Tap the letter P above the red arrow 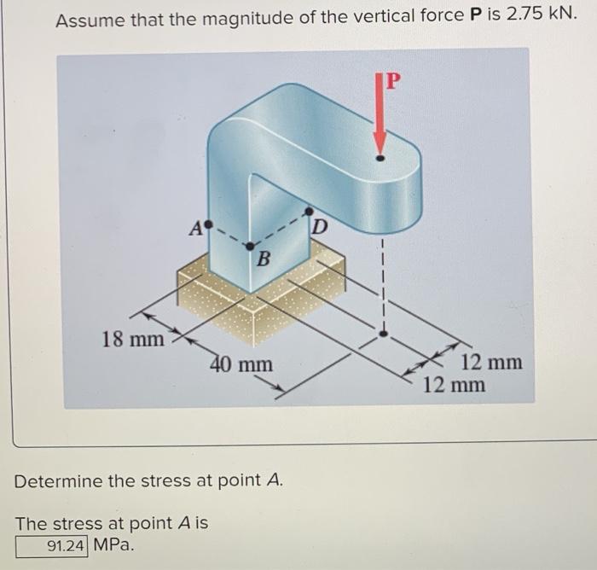pyautogui.click(x=391, y=82)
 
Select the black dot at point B pyautogui.click(x=249, y=247)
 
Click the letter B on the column pyautogui.click(x=264, y=259)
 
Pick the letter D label pyautogui.click(x=319, y=226)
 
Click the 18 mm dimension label pyautogui.click(x=132, y=340)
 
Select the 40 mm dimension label pyautogui.click(x=242, y=365)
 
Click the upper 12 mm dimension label pyautogui.click(x=491, y=363)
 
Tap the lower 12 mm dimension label pyautogui.click(x=454, y=385)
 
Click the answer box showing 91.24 pyautogui.click(x=52, y=544)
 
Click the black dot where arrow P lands pyautogui.click(x=380, y=157)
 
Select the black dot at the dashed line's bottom pyautogui.click(x=383, y=334)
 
